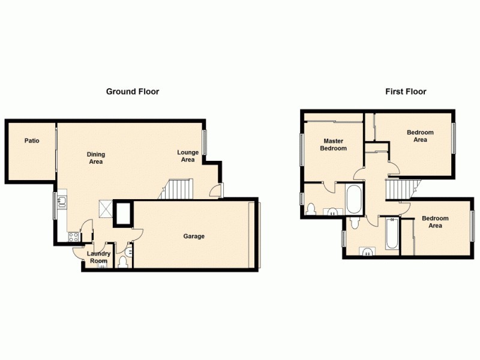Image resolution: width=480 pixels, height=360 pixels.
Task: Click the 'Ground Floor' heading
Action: tap(133, 92)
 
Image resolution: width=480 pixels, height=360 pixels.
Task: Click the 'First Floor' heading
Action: tap(406, 92)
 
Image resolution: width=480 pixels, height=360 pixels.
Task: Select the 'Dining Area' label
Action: tap(96, 157)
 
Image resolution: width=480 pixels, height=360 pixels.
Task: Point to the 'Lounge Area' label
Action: tap(188, 156)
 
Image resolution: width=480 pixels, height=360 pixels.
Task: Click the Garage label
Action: tap(194, 236)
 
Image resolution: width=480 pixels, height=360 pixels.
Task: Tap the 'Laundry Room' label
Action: tap(98, 257)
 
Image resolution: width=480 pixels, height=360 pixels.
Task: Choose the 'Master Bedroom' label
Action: tap(333, 145)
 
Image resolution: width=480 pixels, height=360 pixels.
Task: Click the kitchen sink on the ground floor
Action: tap(62, 205)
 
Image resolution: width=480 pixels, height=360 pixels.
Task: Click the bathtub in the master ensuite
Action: tap(354, 200)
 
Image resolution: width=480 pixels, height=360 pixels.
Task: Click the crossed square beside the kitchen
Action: tap(106, 209)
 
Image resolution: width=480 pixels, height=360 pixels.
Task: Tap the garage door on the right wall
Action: tap(260, 235)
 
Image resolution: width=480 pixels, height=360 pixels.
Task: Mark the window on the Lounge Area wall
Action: tap(204, 142)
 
